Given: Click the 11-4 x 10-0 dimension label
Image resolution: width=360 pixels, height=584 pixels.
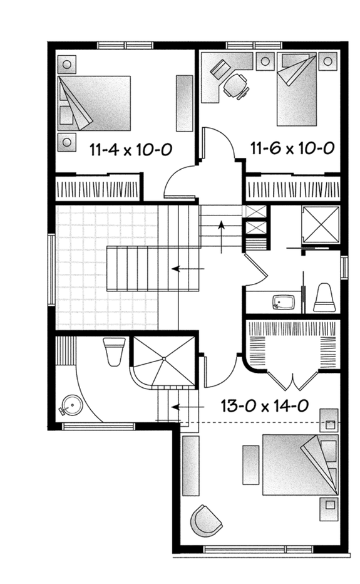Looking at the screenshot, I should (131, 149).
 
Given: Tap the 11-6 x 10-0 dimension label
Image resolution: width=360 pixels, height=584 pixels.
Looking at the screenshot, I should (291, 149).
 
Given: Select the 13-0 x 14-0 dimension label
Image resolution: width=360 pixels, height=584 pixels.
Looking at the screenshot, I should (264, 406).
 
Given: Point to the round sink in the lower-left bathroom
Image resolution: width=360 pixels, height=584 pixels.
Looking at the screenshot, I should (71, 406).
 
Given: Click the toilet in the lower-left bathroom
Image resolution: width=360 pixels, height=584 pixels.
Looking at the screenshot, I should (115, 352).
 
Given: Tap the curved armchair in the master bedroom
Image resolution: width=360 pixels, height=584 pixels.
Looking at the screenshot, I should (207, 519).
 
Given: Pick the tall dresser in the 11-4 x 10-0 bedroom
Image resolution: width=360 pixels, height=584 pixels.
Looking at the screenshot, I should (184, 103).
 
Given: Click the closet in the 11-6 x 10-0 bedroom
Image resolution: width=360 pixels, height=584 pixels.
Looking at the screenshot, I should (292, 189).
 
